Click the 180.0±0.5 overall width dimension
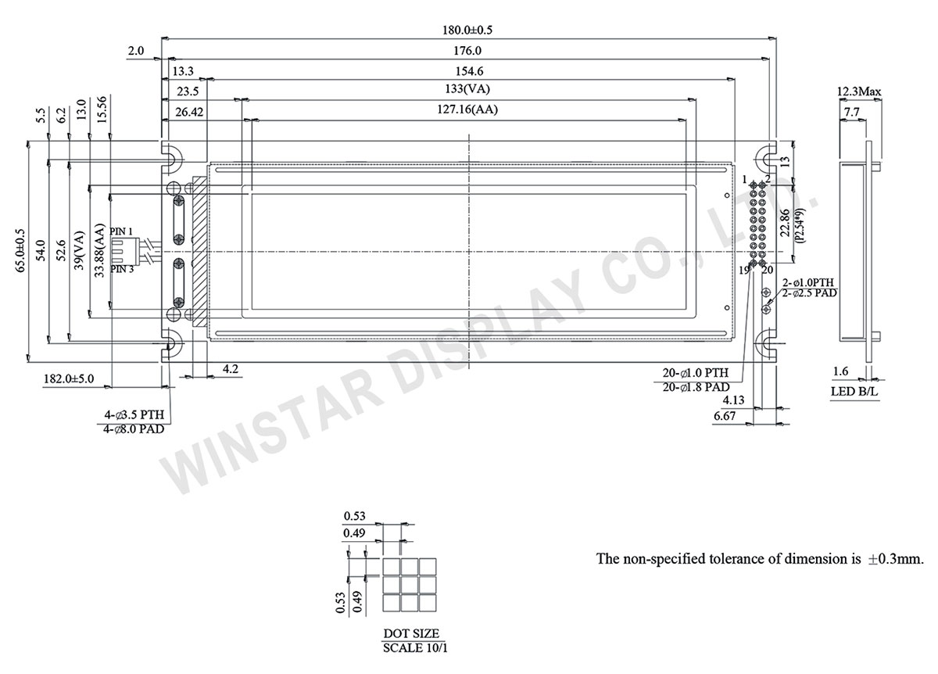click(468, 30)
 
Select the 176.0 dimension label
click(467, 51)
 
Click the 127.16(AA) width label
click(467, 110)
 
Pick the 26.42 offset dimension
click(190, 112)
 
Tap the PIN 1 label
click(122, 231)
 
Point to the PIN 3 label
click(122, 269)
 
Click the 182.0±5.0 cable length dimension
click(68, 378)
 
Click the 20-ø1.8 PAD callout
click(696, 386)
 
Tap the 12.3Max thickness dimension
click(859, 92)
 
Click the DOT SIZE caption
click(411, 633)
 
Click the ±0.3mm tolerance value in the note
click(897, 559)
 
